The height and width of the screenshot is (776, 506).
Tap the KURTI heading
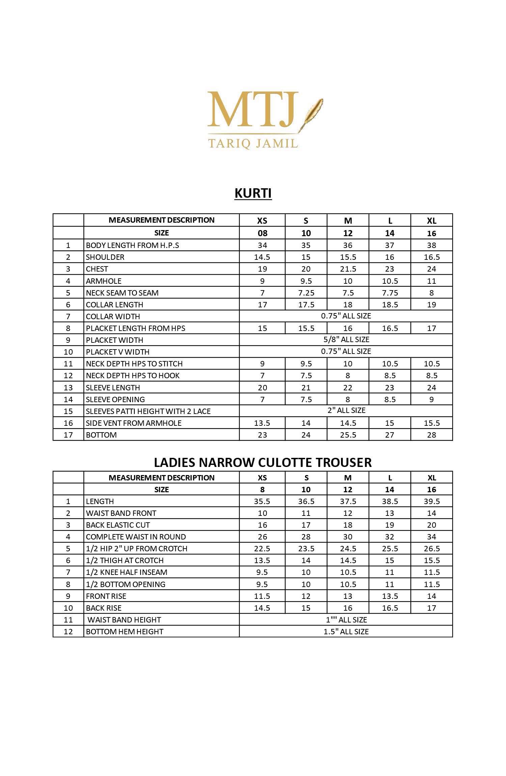click(253, 193)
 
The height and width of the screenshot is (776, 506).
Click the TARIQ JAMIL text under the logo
click(253, 143)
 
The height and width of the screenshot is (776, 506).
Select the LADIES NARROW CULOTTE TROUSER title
click(263, 462)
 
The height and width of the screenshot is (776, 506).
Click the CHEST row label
click(97, 269)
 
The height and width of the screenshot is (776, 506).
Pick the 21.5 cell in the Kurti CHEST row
click(348, 269)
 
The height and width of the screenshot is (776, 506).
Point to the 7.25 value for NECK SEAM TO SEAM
click(306, 293)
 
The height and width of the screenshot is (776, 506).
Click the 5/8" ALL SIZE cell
click(346, 340)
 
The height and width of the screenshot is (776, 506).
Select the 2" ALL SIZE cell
click(346, 411)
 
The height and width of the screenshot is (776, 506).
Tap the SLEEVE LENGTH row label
click(113, 388)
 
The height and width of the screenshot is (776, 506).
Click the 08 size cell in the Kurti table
click(262, 233)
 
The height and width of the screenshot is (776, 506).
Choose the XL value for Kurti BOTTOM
click(431, 435)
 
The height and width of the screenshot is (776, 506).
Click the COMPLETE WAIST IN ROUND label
click(136, 537)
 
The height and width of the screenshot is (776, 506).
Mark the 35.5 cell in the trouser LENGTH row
click(262, 501)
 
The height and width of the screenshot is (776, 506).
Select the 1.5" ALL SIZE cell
click(346, 632)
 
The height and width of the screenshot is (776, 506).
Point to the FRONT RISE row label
click(106, 596)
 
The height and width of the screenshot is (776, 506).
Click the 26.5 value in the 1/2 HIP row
click(431, 549)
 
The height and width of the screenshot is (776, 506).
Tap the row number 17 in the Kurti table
click(68, 435)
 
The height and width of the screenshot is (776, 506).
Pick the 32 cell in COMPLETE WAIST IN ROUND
click(390, 537)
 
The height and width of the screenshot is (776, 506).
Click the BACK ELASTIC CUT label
click(118, 525)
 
